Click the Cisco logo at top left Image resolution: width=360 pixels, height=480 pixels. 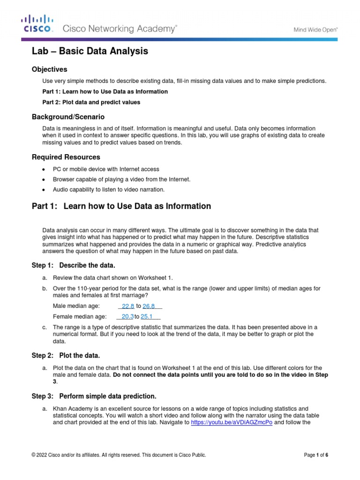pos(37,23)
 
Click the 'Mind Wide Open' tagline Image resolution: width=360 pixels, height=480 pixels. pos(315,29)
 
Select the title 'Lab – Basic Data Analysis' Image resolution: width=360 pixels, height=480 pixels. pos(90,51)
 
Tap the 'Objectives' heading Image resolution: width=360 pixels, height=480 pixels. pos(49,69)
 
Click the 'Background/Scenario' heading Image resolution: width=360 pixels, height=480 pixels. pos(68,116)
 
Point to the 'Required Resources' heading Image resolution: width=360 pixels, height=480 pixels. pos(66,157)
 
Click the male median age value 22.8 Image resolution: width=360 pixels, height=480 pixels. pos(128,306)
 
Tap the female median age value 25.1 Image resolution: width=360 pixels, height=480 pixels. pos(147,316)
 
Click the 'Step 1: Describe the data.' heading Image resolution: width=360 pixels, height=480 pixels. pos(73,266)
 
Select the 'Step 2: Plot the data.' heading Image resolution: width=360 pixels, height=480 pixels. pos(66,355)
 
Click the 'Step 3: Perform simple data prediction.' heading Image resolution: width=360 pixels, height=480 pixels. pos(94,383)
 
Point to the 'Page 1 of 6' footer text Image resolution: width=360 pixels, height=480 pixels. pos(316,455)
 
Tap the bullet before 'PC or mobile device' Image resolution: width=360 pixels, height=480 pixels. pos(44,169)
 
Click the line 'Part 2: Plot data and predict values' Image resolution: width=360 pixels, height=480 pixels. pos(91,102)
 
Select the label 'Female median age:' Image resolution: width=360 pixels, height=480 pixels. pos(80,316)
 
